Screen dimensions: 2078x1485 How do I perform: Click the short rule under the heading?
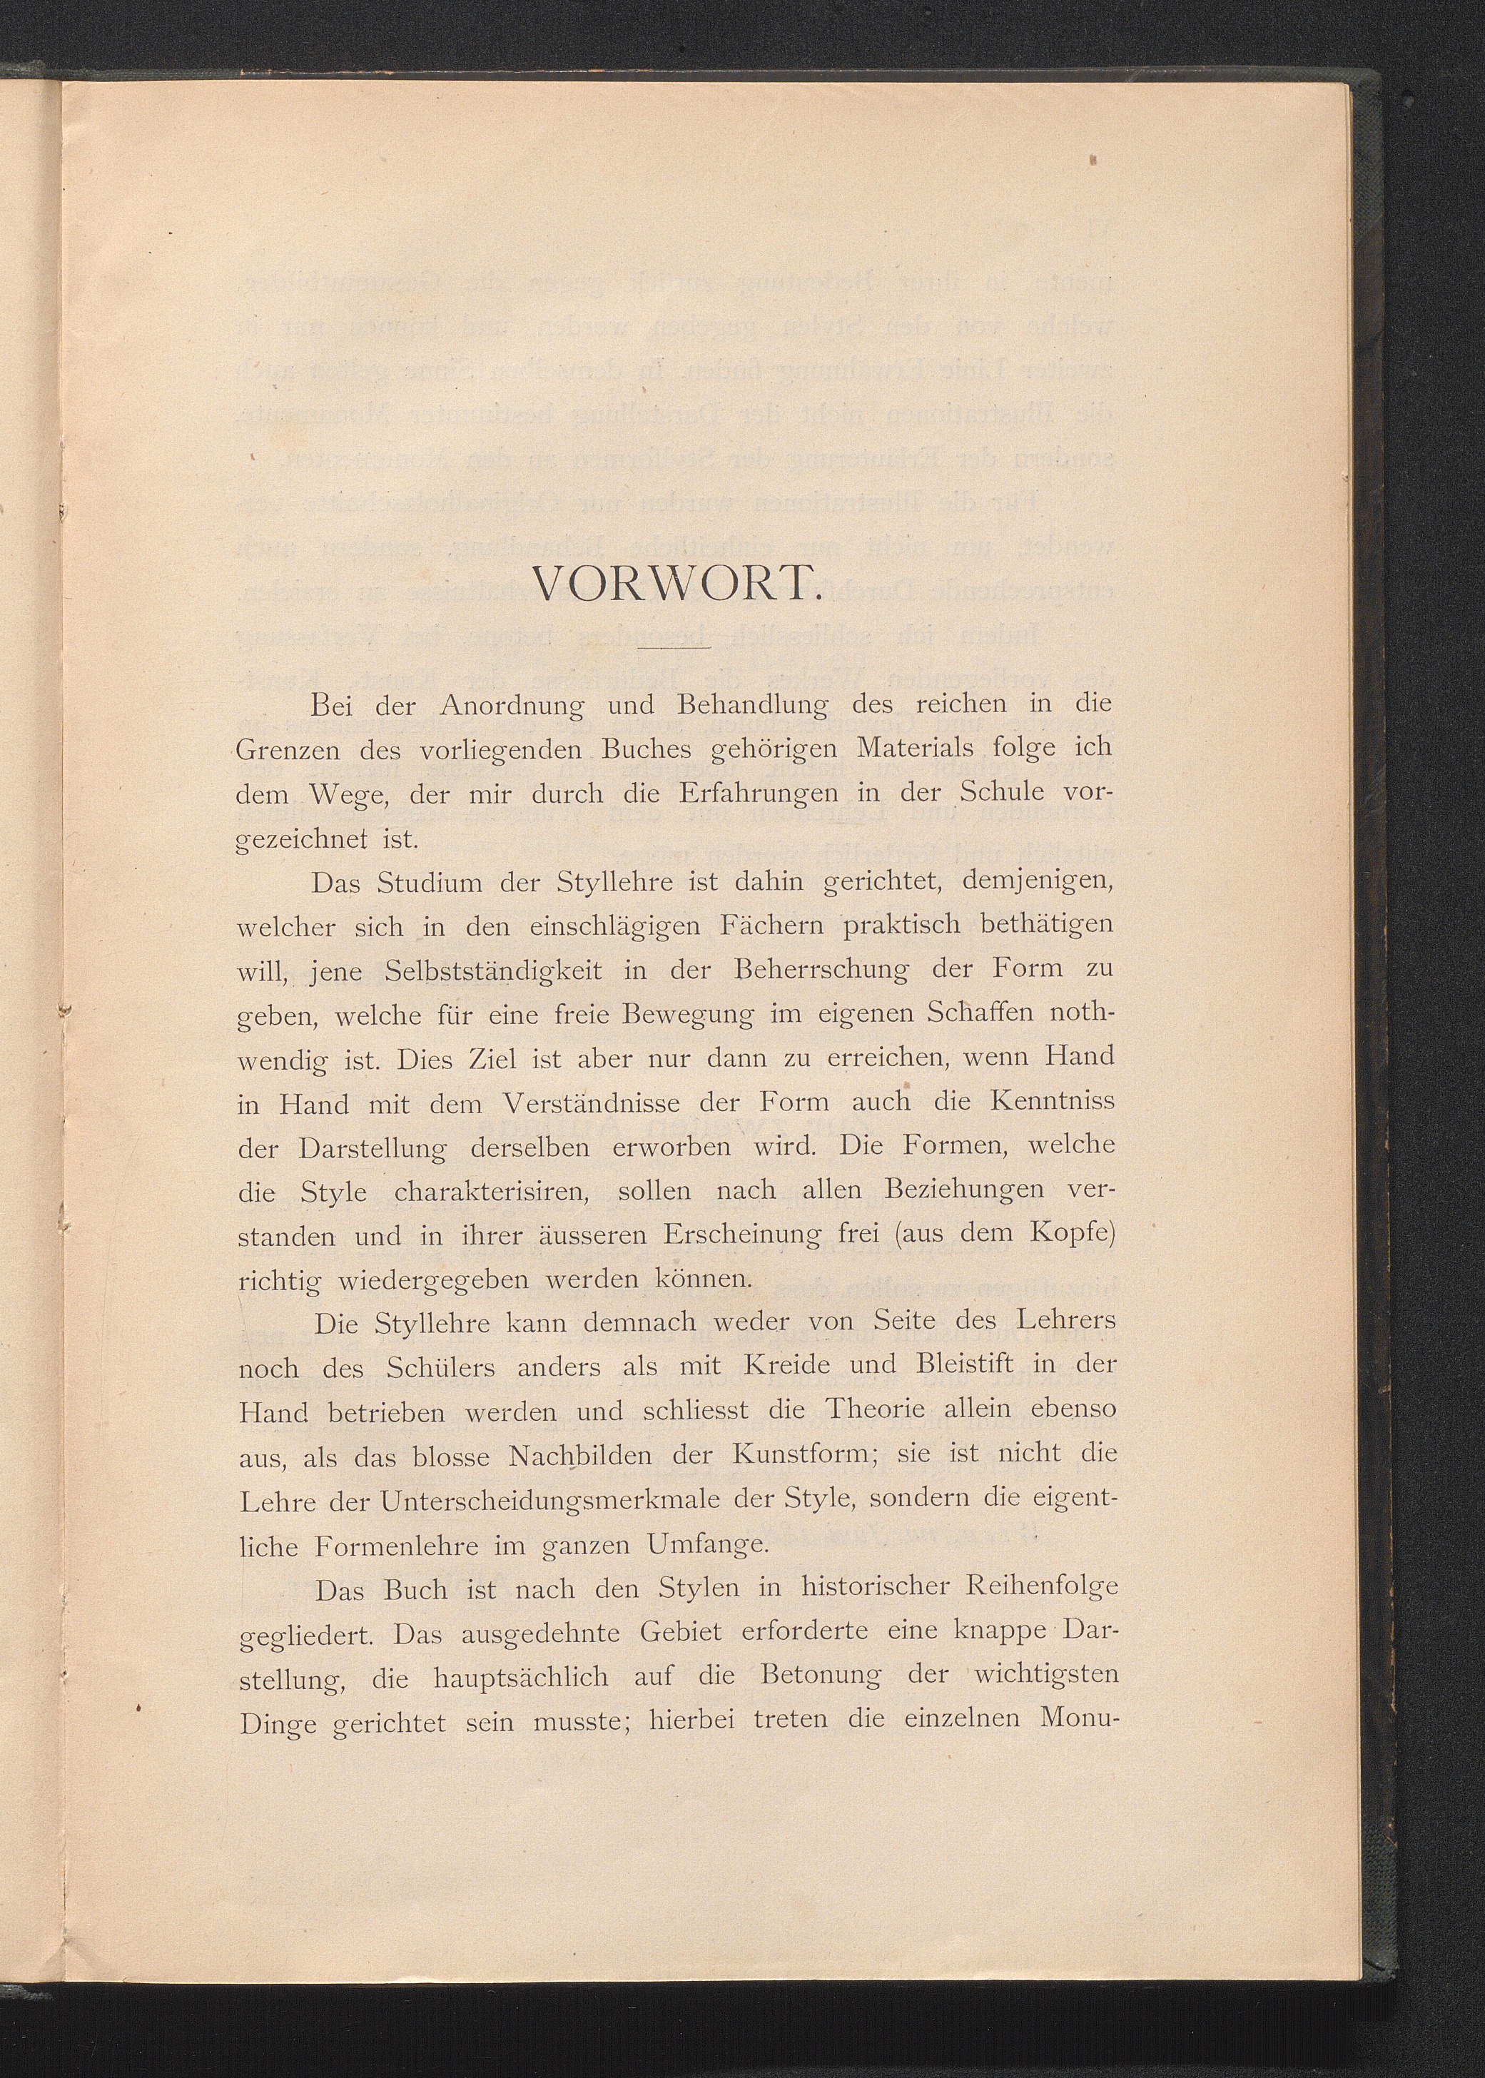(676, 647)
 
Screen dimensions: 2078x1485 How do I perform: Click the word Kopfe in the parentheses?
(1073, 1235)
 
